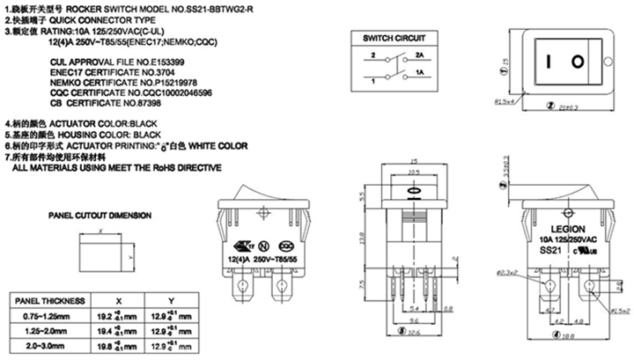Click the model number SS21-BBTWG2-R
coord(264,7)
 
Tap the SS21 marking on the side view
coord(551,249)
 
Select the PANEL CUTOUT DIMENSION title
coord(100,215)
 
